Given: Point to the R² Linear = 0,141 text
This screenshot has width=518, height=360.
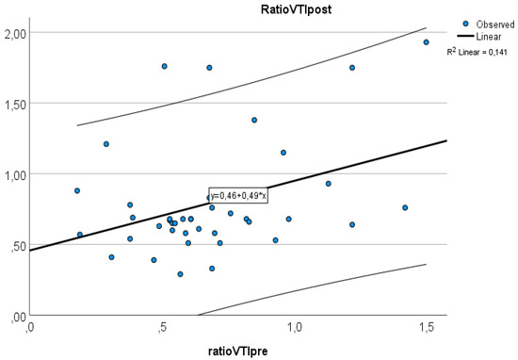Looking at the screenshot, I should [477, 53].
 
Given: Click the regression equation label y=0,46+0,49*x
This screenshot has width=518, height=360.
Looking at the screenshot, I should [239, 194].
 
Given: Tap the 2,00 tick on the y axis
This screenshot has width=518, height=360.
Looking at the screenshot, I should [15, 33].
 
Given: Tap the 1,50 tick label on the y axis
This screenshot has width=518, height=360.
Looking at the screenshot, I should [15, 104].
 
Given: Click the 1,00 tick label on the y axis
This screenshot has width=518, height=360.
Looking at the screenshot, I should [15, 174].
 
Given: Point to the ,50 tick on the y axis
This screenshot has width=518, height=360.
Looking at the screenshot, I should [17, 245].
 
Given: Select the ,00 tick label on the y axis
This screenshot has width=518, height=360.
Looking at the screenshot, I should [17, 316].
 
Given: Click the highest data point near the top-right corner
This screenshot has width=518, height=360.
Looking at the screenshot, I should [426, 42].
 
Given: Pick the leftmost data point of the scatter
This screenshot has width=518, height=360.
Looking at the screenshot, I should [77, 190].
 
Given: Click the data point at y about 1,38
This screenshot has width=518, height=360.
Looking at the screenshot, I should [254, 120].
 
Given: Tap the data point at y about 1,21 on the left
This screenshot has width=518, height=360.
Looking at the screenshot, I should [106, 144].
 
